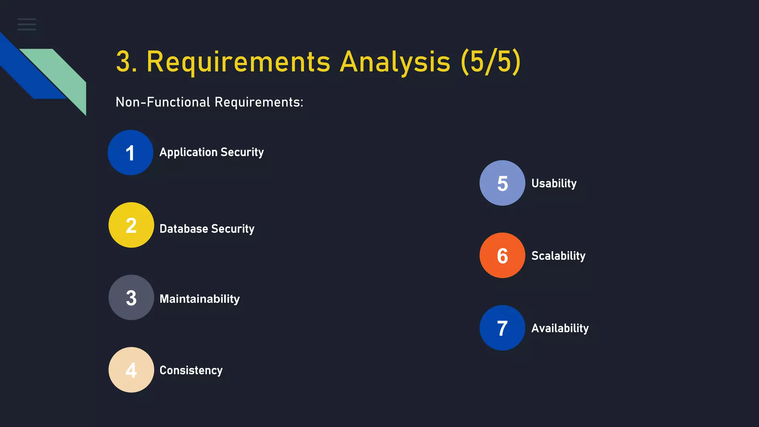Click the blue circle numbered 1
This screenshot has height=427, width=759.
[130, 152]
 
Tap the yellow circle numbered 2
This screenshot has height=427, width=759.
[131, 225]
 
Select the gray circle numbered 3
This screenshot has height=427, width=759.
[131, 297]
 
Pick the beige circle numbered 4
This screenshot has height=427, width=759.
[131, 370]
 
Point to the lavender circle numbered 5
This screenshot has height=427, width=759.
[502, 183]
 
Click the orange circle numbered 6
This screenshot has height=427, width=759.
[502, 255]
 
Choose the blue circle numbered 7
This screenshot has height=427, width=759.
[502, 328]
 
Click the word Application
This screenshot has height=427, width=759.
[188, 152]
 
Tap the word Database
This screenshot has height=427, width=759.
[184, 229]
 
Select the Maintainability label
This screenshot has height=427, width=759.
[199, 299]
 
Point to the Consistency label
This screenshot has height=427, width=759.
[191, 370]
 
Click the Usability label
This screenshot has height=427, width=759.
[554, 183]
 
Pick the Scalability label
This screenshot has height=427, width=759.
[558, 256]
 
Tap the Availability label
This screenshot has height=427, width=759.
[560, 328]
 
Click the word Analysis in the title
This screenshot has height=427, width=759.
[395, 62]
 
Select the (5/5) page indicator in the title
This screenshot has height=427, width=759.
[491, 62]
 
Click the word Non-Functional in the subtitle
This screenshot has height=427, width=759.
[163, 102]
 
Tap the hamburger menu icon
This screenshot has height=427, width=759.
[27, 24]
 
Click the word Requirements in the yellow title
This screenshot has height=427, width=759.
[238, 62]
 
